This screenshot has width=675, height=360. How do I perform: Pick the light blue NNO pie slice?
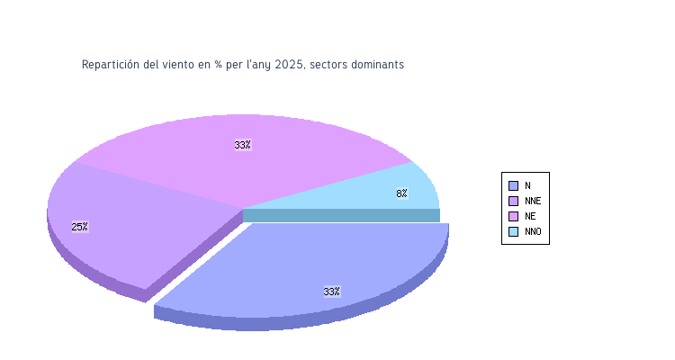click(x=396, y=189)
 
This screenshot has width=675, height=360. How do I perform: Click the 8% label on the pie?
click(x=401, y=193)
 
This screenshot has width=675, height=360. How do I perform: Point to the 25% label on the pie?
click(x=79, y=227)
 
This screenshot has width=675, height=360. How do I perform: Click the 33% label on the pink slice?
click(x=242, y=145)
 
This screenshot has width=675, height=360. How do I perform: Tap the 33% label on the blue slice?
click(x=331, y=292)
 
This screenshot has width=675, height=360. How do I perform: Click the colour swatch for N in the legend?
click(x=513, y=185)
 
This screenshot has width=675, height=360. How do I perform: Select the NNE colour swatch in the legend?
click(x=513, y=201)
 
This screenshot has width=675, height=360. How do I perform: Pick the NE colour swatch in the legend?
click(x=513, y=216)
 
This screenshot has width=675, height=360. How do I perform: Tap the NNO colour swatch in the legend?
click(x=513, y=231)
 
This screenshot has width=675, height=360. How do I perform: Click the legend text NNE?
click(x=533, y=201)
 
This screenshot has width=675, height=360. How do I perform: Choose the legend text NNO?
click(x=533, y=231)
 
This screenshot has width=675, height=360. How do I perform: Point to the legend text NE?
click(x=530, y=216)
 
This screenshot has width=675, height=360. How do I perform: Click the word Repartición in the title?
click(x=111, y=65)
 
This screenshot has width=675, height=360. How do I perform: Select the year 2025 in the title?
click(x=288, y=65)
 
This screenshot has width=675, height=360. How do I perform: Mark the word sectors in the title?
click(x=327, y=65)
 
